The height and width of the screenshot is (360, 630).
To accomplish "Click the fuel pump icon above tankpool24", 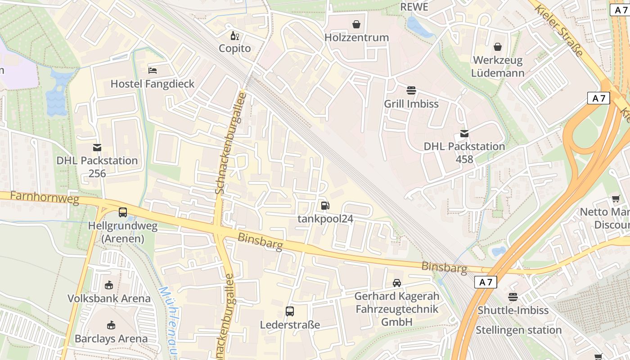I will (325, 206).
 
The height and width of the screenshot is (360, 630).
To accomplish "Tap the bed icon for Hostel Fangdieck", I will (153, 70).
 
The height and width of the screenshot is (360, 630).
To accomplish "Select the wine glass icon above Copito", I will (235, 36).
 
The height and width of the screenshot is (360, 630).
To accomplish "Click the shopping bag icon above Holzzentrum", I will (356, 24).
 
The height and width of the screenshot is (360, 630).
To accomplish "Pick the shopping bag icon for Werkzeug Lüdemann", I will (498, 47).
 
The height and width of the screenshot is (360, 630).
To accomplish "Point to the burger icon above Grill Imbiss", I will (411, 90).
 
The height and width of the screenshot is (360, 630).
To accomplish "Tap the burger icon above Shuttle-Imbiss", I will (513, 297).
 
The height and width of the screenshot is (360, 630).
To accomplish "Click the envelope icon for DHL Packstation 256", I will (97, 148).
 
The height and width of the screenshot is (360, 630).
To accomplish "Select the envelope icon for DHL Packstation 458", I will (464, 134).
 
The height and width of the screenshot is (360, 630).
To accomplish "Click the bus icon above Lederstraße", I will (290, 311).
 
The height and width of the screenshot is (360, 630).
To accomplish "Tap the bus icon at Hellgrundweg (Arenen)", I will (122, 212).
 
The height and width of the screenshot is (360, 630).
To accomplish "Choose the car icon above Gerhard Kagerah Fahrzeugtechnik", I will (396, 283).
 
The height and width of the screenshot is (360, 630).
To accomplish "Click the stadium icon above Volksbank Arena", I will (108, 285).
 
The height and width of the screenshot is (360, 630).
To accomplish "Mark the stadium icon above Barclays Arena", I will (111, 325).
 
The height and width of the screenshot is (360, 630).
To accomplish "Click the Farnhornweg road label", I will (44, 197).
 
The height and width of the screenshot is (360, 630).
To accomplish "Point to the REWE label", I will (414, 7).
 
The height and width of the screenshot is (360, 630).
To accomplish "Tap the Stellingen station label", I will (518, 330).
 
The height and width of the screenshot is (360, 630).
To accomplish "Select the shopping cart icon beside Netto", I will (616, 199).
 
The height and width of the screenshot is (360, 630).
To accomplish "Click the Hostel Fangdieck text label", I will (153, 84).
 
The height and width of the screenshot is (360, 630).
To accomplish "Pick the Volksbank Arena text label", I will (109, 298).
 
